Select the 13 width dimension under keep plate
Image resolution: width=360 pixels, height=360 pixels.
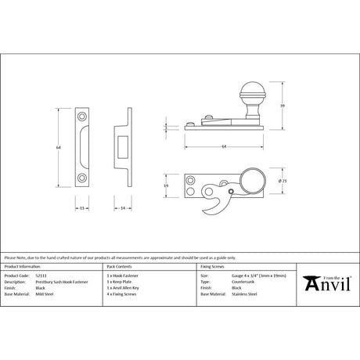(x=81, y=208)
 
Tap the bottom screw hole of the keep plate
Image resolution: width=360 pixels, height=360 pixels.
(x=81, y=178)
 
